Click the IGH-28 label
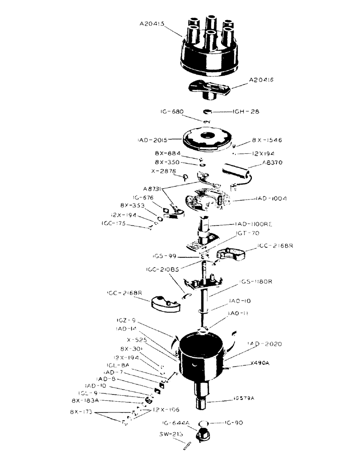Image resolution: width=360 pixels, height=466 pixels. click(246, 112)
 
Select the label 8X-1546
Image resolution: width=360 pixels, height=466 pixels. click(267, 140)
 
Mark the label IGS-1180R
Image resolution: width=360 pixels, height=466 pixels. click(257, 282)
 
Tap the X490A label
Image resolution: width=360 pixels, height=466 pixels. click(260, 363)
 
